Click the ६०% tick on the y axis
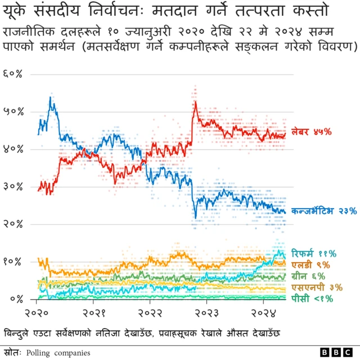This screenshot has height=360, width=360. [13, 74]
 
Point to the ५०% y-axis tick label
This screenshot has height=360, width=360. [13, 112]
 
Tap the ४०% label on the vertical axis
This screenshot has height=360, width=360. [13, 149]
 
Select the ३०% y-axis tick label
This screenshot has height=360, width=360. [13, 187]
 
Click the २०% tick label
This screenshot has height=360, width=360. [13, 224]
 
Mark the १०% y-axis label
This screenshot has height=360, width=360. [13, 262]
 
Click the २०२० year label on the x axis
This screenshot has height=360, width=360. [38, 312]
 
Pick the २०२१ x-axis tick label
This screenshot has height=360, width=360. [94, 312]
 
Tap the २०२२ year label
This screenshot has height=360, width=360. [150, 312]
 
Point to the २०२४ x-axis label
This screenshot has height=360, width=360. [263, 312]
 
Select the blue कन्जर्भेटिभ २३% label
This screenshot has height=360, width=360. [324, 211]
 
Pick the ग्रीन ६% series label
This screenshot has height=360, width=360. [309, 276]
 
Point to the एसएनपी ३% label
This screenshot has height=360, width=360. [314, 287]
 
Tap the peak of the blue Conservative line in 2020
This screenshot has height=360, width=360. [51, 98]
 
